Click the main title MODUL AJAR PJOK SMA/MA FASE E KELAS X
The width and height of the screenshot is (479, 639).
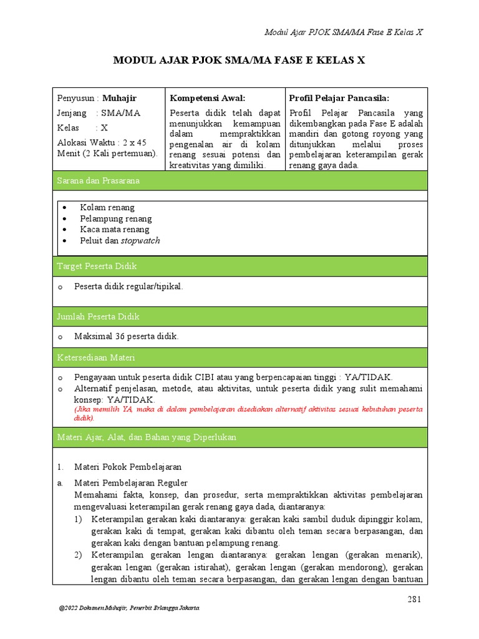point(239,61)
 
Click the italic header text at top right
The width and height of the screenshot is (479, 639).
point(344,32)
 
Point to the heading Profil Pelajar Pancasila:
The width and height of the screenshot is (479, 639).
point(339,98)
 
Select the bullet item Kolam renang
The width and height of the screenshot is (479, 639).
point(107,207)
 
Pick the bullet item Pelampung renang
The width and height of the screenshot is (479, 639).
point(115,218)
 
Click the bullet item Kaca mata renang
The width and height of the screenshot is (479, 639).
point(115,230)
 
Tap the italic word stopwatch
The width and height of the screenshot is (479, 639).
point(140,241)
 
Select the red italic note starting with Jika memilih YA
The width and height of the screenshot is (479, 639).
point(248,413)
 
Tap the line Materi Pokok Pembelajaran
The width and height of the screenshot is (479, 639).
point(128,467)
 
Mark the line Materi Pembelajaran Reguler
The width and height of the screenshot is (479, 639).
point(131,483)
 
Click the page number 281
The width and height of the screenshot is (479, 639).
point(415,600)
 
